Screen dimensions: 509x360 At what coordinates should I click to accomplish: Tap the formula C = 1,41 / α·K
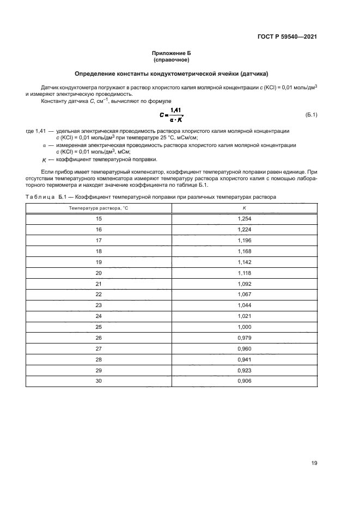click(172, 115)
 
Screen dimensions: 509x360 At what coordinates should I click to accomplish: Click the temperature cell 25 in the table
click(99, 327)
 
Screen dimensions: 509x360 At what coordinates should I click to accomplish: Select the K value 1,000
click(245, 327)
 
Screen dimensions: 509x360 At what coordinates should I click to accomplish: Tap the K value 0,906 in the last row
click(245, 381)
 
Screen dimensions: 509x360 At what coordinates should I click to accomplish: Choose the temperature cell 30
click(99, 381)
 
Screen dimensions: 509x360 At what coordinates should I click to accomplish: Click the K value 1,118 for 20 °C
click(245, 273)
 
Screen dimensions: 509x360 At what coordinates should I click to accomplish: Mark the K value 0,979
click(245, 338)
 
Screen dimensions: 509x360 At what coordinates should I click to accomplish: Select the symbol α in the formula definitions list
click(44, 145)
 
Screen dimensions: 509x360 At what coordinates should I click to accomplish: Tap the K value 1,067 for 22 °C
click(245, 295)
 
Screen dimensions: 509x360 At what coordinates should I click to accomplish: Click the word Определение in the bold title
click(95, 73)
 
